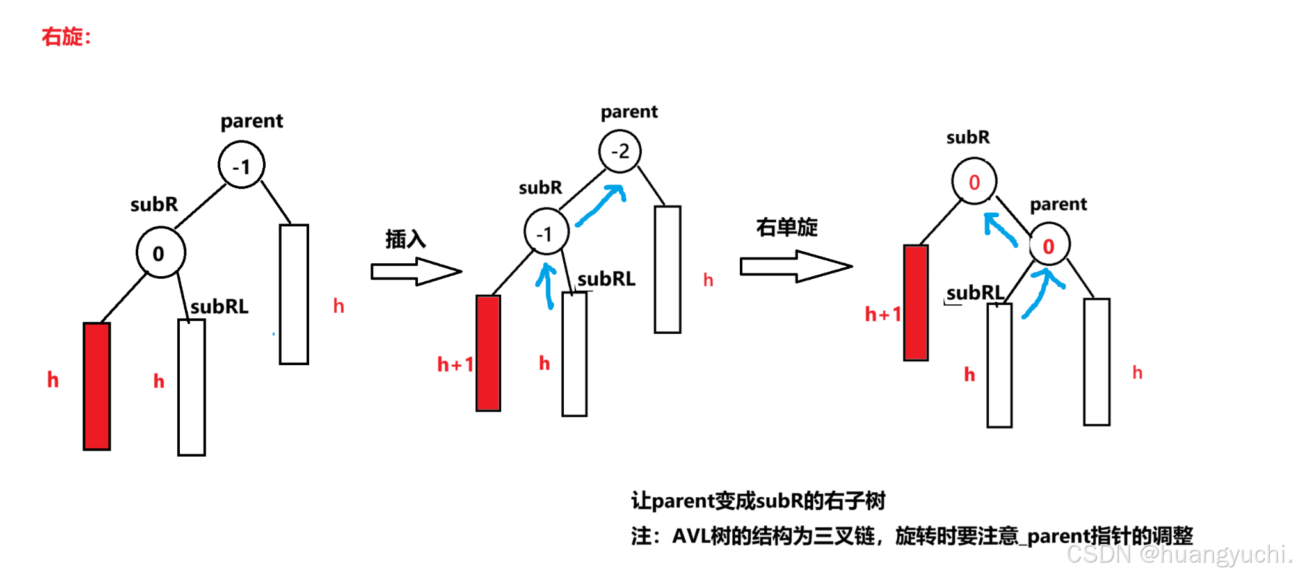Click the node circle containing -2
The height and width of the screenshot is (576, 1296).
[620, 151]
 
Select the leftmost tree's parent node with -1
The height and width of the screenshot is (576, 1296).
[241, 165]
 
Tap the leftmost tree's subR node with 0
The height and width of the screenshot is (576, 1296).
[161, 252]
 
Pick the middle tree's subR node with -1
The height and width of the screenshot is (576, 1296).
[546, 232]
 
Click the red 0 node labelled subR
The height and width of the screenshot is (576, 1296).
[974, 181]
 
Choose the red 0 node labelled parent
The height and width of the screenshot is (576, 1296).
[1049, 245]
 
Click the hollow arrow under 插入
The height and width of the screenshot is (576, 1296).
[416, 272]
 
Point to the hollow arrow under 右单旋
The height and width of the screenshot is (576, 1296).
[796, 266]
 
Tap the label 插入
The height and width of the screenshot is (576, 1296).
[405, 239]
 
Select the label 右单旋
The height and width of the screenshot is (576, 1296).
[787, 227]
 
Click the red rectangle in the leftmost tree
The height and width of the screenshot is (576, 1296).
[97, 386]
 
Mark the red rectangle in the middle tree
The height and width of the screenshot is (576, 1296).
[488, 352]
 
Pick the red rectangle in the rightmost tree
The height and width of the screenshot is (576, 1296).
[916, 302]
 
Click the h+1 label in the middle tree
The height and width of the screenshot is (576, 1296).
[455, 365]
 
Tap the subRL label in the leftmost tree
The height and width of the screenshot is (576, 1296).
[220, 307]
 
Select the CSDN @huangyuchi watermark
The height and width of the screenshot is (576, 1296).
[1178, 554]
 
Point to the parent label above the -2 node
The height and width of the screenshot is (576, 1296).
[628, 112]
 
